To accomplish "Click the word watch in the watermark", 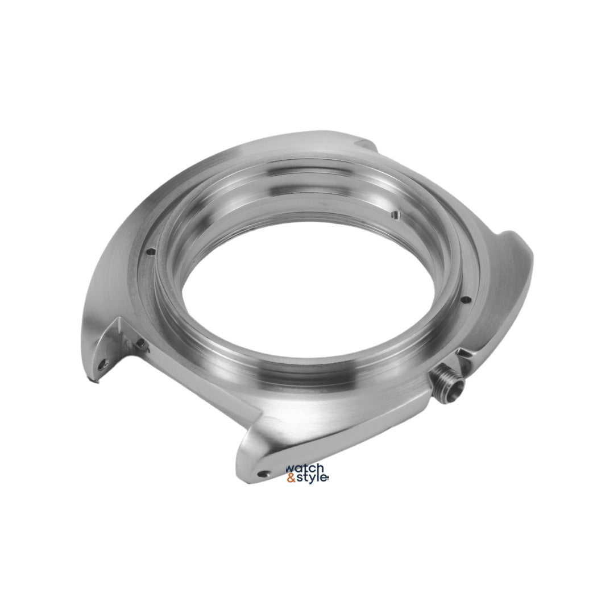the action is click(305, 468).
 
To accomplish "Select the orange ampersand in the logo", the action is click(291, 479).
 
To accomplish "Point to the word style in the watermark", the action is click(312, 479).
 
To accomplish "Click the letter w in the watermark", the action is click(290, 470).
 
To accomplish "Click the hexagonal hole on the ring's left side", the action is click(150, 252).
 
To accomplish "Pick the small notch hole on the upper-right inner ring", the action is click(396, 214).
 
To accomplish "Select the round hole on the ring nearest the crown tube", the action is click(465, 301).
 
